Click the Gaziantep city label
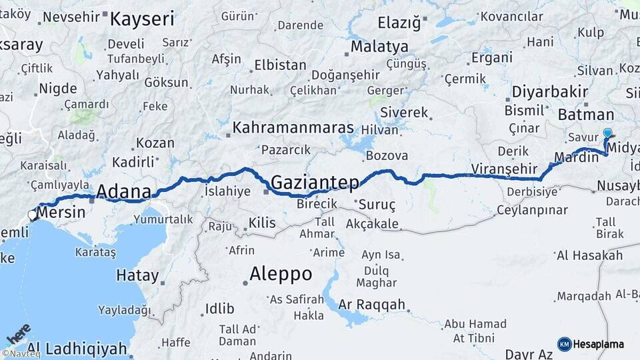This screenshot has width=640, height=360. click(315, 182)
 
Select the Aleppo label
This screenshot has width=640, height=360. click(281, 273)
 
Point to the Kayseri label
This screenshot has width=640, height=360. click(141, 19)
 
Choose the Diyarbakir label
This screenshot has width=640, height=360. click(550, 91)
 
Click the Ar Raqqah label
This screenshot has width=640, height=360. click(372, 305)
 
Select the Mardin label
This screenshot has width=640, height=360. click(576, 158)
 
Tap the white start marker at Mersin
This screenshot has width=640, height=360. click(32, 215)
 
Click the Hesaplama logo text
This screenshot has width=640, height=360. click(598, 344)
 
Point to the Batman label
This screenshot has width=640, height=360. click(581, 115)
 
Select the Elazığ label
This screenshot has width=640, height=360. click(399, 23)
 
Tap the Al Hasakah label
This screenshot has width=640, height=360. click(589, 255)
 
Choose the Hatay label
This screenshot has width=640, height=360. click(137, 275)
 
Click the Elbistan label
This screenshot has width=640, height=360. click(280, 66)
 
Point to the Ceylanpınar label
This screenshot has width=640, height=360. click(531, 210)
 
